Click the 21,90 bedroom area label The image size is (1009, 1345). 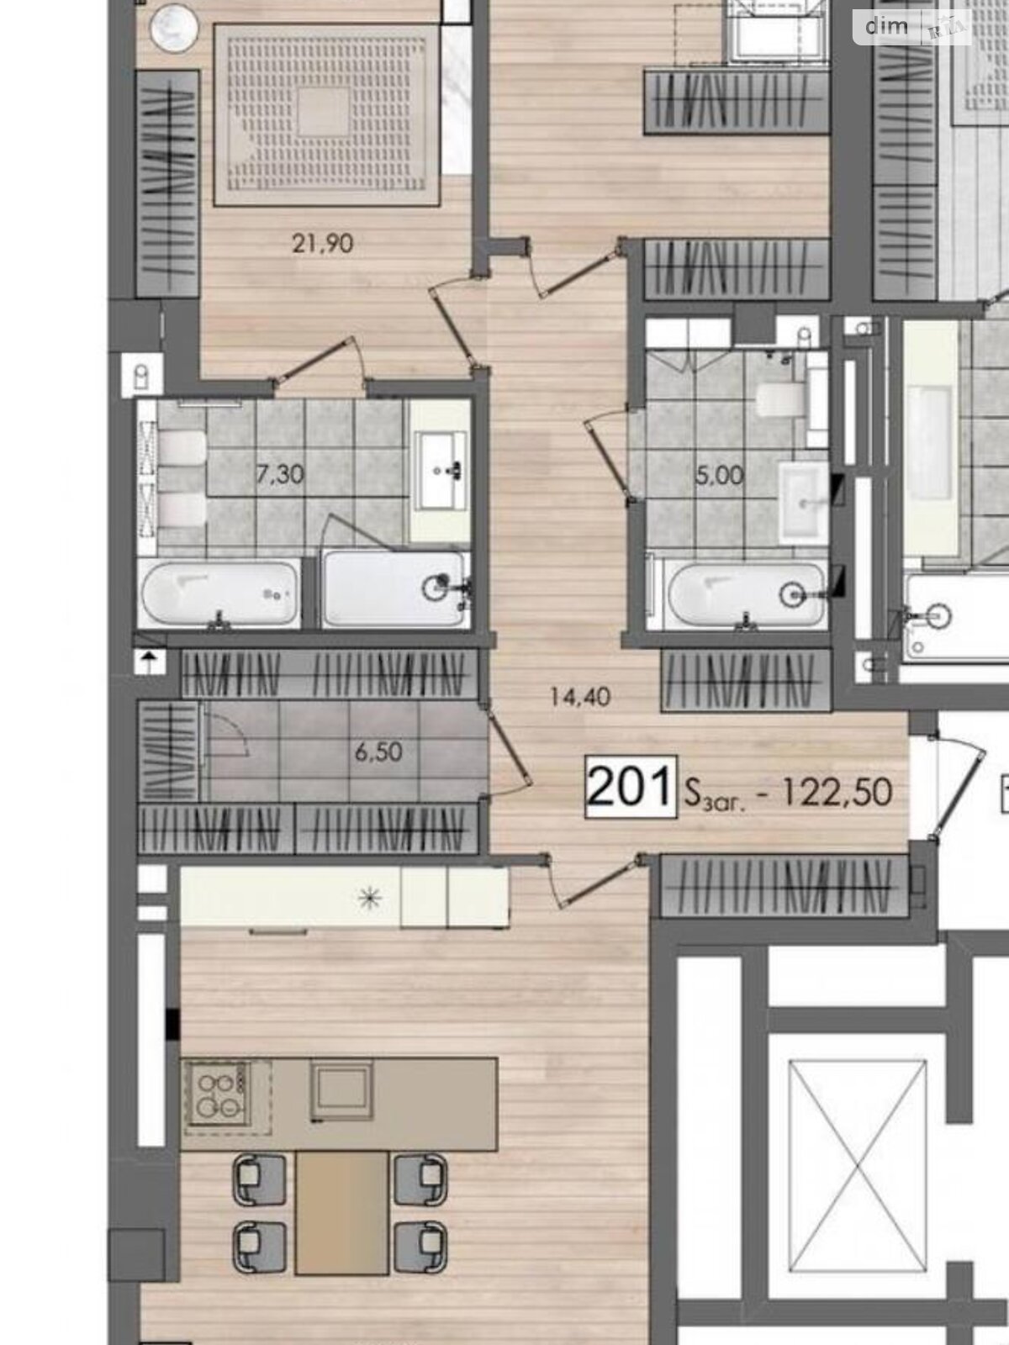[x=323, y=244]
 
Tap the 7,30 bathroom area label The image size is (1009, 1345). [x=279, y=474]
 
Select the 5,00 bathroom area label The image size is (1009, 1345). [x=719, y=475]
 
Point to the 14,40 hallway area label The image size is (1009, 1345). [x=580, y=697]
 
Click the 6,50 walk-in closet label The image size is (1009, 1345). [x=378, y=752]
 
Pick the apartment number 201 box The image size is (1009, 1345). [x=631, y=787]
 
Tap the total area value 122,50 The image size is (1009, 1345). [x=837, y=792]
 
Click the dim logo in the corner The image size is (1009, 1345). [x=886, y=26]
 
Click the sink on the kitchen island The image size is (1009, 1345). [x=341, y=1091]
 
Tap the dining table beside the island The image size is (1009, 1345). [x=341, y=1212]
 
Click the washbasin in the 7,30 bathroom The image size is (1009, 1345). [x=440, y=471]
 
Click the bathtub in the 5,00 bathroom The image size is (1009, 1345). [x=746, y=595]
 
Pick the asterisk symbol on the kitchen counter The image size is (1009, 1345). [x=370, y=899]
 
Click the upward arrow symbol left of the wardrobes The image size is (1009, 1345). [x=151, y=662]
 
